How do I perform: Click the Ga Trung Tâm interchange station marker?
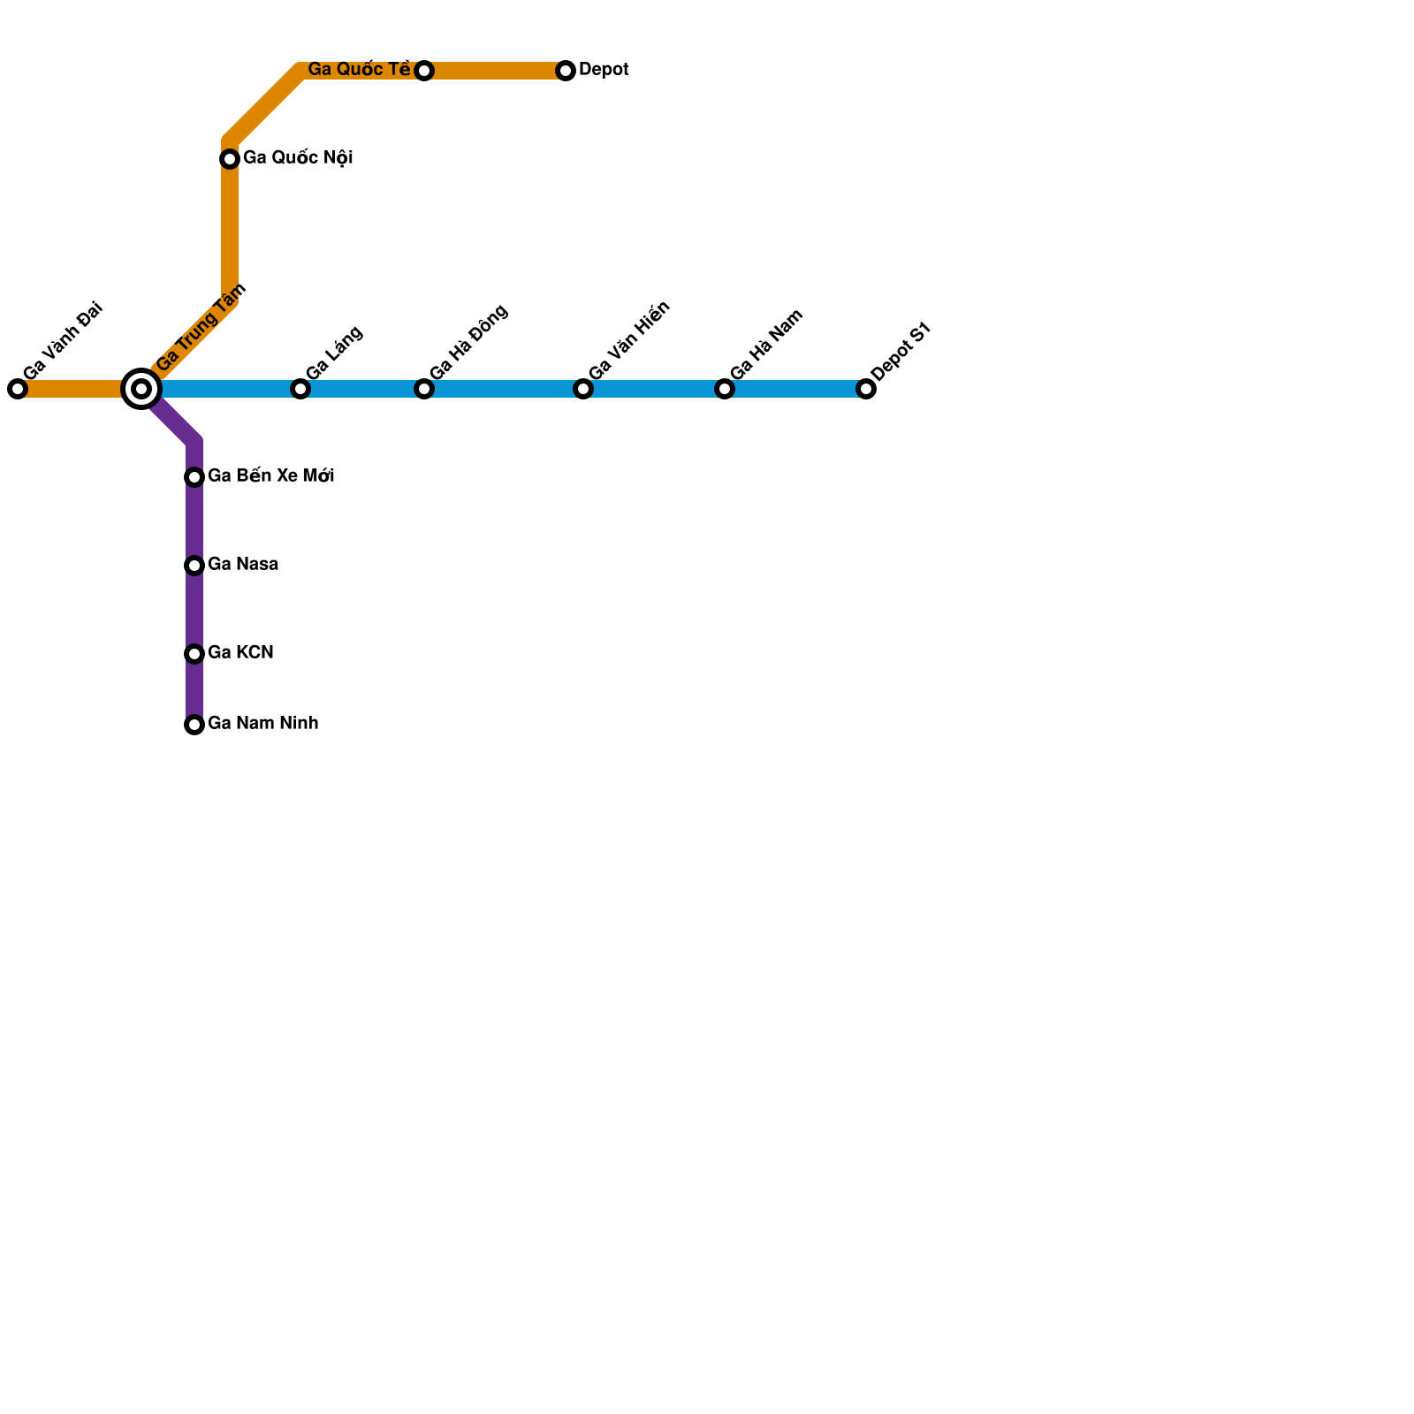coord(141,389)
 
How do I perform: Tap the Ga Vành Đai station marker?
coord(18,389)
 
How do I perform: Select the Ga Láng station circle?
coord(300,389)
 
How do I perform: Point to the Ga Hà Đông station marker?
coord(424,389)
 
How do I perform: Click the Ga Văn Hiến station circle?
coord(583,389)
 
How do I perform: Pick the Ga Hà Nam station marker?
coord(725,389)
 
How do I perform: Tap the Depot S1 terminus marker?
coord(866,389)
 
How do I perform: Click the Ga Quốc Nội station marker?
coord(230,159)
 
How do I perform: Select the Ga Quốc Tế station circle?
coord(424,71)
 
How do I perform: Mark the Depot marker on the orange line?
coord(566,71)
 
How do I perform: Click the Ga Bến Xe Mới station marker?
coord(194,477)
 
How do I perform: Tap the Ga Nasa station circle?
coord(194,566)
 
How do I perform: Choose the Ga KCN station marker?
coord(194,654)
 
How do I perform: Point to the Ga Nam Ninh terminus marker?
coord(194,725)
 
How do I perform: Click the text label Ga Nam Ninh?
coord(262,724)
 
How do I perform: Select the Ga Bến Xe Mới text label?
coord(270,476)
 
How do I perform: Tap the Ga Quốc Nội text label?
coord(298,158)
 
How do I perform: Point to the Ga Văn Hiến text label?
coord(629,341)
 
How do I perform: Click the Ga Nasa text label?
coord(243,565)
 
